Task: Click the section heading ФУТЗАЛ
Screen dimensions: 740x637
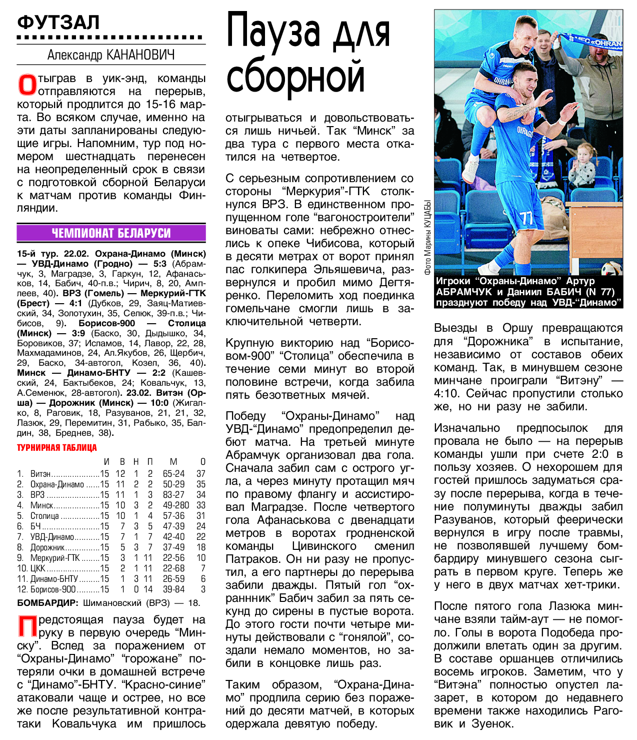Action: [58, 23]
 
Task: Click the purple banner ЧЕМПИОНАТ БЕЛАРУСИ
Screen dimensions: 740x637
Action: [111, 233]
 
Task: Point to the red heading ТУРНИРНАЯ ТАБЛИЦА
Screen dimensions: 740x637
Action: [57, 448]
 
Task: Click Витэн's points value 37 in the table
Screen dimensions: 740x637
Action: [201, 473]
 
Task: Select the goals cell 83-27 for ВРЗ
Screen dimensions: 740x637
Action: [173, 494]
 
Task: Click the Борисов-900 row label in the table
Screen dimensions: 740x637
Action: [53, 589]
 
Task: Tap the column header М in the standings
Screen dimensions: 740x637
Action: [173, 461]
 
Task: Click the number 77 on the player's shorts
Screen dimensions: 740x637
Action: [526, 218]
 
